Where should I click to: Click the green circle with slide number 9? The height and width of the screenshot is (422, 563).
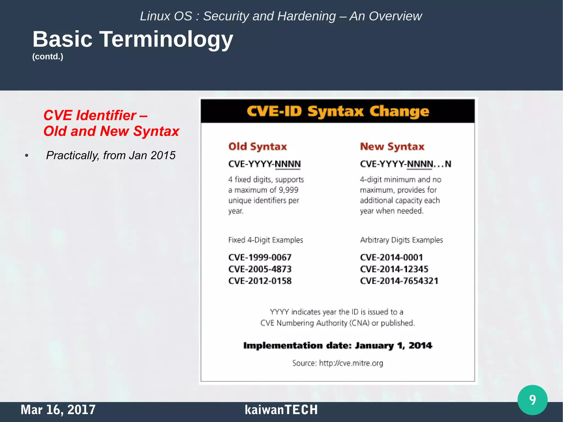(x=532, y=400)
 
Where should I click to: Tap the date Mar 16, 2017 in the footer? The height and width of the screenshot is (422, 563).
(x=58, y=410)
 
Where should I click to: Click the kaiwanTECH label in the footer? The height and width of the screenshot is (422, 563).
(x=281, y=410)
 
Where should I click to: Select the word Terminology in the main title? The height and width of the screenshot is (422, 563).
(x=166, y=39)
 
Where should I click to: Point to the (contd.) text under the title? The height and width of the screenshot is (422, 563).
(x=48, y=57)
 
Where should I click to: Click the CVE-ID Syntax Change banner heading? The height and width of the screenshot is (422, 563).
(x=338, y=111)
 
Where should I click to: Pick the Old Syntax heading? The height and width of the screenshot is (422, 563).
(x=258, y=147)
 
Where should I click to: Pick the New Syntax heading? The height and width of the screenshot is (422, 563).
(x=392, y=147)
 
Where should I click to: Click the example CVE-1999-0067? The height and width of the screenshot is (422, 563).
(x=260, y=257)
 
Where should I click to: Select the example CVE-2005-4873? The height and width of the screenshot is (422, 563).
(x=260, y=269)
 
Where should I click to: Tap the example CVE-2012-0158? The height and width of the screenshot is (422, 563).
(x=260, y=281)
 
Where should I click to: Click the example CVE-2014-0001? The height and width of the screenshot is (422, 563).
(x=391, y=257)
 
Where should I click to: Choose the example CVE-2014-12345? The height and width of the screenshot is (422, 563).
(x=394, y=269)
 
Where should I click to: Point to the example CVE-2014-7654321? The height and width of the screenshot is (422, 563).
(x=399, y=281)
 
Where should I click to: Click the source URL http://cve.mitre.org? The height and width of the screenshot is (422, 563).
(x=351, y=363)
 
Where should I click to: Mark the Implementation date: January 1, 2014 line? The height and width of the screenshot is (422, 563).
(x=338, y=346)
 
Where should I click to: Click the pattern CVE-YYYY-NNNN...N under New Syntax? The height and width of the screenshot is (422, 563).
(x=405, y=164)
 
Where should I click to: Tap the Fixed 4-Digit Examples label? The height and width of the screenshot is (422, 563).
(x=265, y=240)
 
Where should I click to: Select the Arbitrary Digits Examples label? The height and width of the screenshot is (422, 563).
(x=401, y=240)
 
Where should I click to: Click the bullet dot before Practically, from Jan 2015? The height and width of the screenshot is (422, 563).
(x=27, y=156)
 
